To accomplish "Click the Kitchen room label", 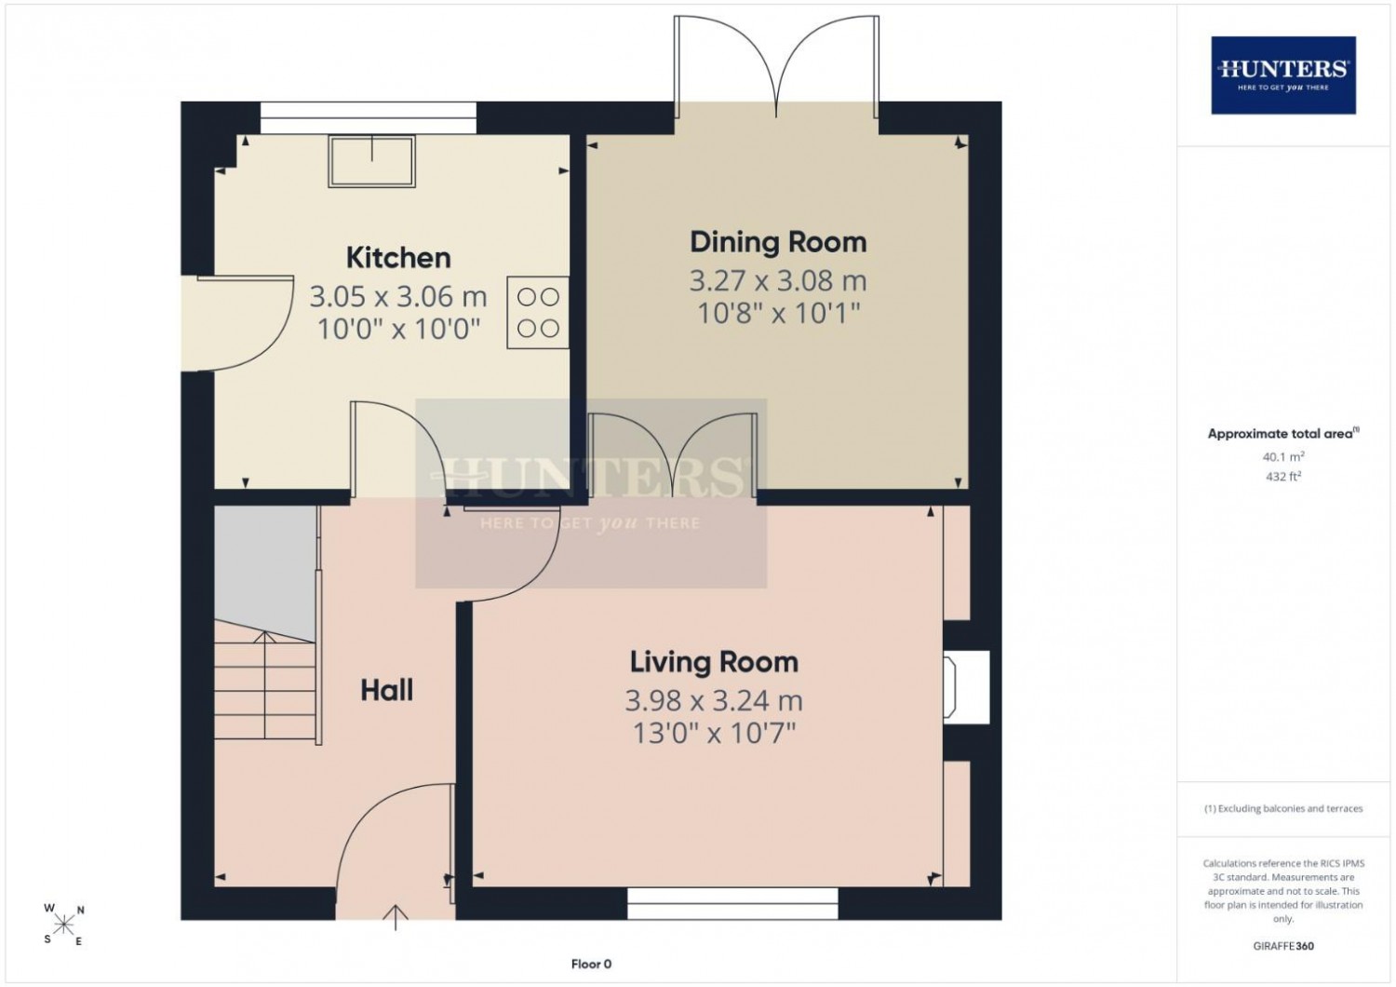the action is tap(398, 258).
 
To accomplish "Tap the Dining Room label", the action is tap(778, 242).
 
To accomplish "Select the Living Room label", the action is tap(714, 661).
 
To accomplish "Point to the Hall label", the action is tap(386, 690).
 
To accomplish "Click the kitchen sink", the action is tap(372, 161).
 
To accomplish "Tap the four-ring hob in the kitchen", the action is tap(538, 312).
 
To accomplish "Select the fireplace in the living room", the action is tap(966, 687).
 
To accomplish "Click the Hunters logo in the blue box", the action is tap(1283, 74).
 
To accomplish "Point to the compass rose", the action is tap(63, 925).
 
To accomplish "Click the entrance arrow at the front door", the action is tap(396, 917).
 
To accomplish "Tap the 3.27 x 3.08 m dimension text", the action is tap(778, 280).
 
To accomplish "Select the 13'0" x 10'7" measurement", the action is tap(714, 733).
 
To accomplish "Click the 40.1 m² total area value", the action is tap(1283, 456).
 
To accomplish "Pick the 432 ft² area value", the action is tap(1283, 477).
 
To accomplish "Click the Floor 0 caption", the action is tap(591, 964).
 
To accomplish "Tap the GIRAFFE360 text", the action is tap(1283, 946).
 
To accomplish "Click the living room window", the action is tap(732, 903).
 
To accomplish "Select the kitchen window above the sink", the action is tap(369, 118).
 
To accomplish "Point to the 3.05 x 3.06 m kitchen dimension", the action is tap(398, 296).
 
